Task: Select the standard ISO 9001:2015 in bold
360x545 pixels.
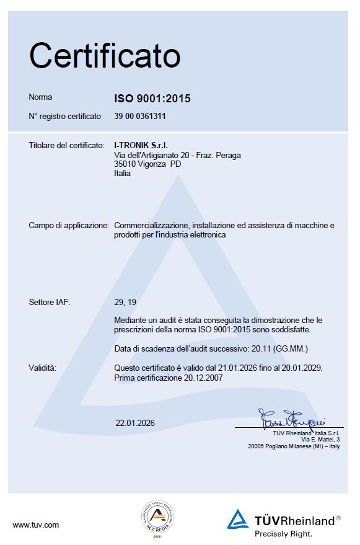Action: (152, 99)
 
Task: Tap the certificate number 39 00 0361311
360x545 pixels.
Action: (140, 116)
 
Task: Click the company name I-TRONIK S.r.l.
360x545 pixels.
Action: (141, 145)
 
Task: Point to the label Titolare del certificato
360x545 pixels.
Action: (66, 145)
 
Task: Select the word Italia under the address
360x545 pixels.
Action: (123, 174)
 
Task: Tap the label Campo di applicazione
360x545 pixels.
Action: (69, 226)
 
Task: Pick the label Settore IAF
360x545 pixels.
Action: (50, 303)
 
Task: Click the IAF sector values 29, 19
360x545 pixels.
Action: (125, 303)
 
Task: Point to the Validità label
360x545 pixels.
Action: (43, 368)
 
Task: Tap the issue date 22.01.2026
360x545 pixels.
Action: (135, 423)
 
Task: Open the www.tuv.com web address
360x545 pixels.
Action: (36, 525)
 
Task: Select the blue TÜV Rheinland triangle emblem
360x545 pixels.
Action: (237, 519)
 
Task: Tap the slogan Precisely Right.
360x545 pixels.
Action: (283, 533)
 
